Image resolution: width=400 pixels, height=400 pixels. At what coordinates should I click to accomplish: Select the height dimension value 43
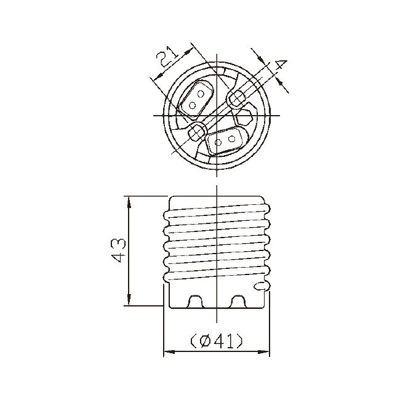(x=118, y=250)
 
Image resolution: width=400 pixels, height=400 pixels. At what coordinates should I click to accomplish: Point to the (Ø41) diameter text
(x=217, y=341)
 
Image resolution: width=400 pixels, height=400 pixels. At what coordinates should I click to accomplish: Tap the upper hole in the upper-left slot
(x=201, y=94)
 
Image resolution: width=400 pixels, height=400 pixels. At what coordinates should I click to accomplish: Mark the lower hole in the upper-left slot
(x=192, y=105)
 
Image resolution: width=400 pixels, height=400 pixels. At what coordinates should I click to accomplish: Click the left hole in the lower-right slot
(x=218, y=142)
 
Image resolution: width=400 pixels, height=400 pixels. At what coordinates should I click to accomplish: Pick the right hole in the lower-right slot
(x=231, y=139)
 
